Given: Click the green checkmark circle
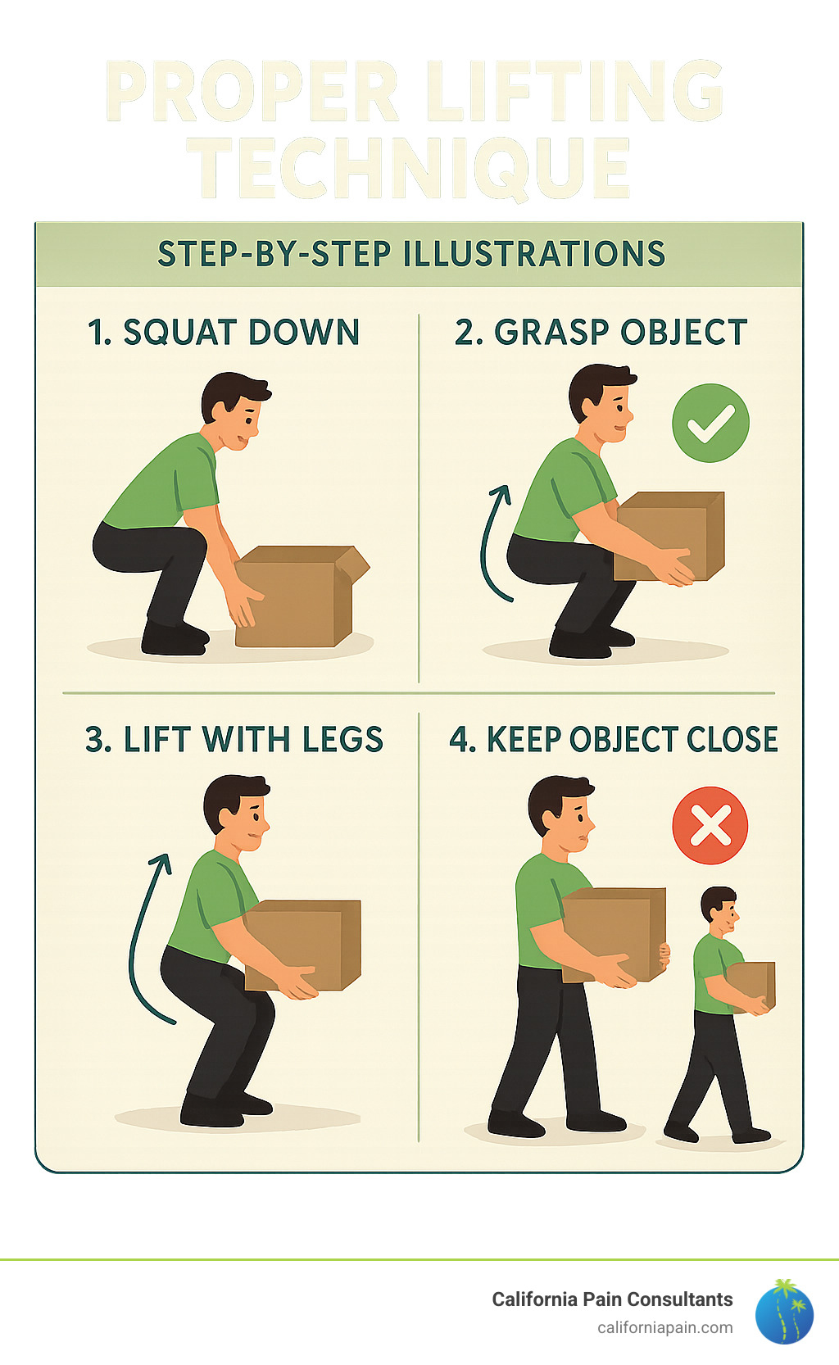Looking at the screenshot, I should (x=710, y=423).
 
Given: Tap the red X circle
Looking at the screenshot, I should (x=710, y=825).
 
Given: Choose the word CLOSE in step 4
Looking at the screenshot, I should (x=732, y=740).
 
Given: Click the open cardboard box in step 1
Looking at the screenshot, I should (x=299, y=596).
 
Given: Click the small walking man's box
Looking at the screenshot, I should (x=752, y=986).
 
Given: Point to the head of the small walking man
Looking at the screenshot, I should (x=719, y=905).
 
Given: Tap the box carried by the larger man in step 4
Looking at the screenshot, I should (x=615, y=934).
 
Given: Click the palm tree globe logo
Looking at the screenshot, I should (x=784, y=1312).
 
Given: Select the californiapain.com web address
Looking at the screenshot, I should (x=664, y=1327).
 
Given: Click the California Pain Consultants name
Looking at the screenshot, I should (x=612, y=1299).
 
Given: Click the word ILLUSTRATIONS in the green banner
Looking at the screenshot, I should (x=534, y=254).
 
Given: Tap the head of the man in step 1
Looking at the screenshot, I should (x=234, y=410).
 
